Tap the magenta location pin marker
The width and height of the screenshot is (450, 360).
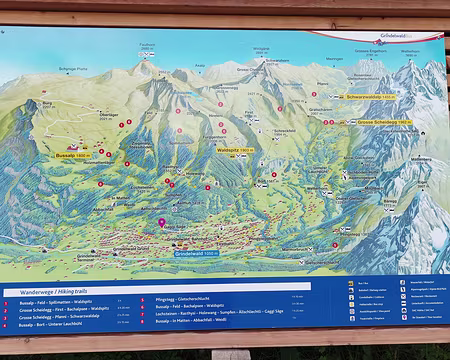point(162,223)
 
